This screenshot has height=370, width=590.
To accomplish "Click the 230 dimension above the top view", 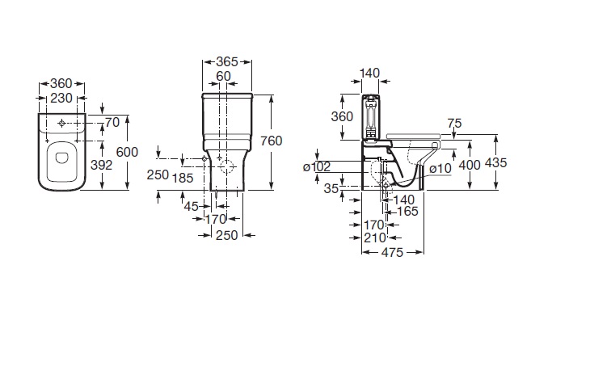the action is click(x=61, y=98).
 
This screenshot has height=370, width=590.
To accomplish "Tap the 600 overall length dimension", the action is click(x=127, y=152).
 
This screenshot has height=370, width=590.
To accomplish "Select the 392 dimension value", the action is click(x=102, y=165).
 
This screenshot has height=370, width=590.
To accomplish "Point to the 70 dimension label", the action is click(x=112, y=122).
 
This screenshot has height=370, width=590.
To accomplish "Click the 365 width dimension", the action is click(x=227, y=61).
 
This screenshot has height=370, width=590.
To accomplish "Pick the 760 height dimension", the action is click(x=272, y=141).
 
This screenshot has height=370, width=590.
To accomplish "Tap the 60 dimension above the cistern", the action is click(x=223, y=76).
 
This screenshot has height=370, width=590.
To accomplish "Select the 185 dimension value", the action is click(x=183, y=178).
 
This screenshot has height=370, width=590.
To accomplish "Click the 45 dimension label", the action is click(x=192, y=206).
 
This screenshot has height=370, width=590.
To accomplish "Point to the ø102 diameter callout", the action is click(x=317, y=166).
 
